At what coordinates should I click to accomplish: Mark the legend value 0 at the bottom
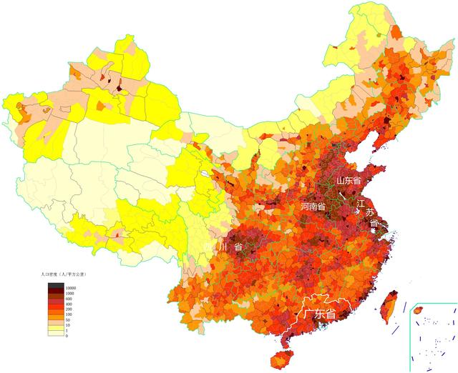click(67, 335)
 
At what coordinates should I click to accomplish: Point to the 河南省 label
click(313, 206)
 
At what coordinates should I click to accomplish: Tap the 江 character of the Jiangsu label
click(361, 204)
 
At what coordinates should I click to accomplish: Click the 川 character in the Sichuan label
click(224, 247)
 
